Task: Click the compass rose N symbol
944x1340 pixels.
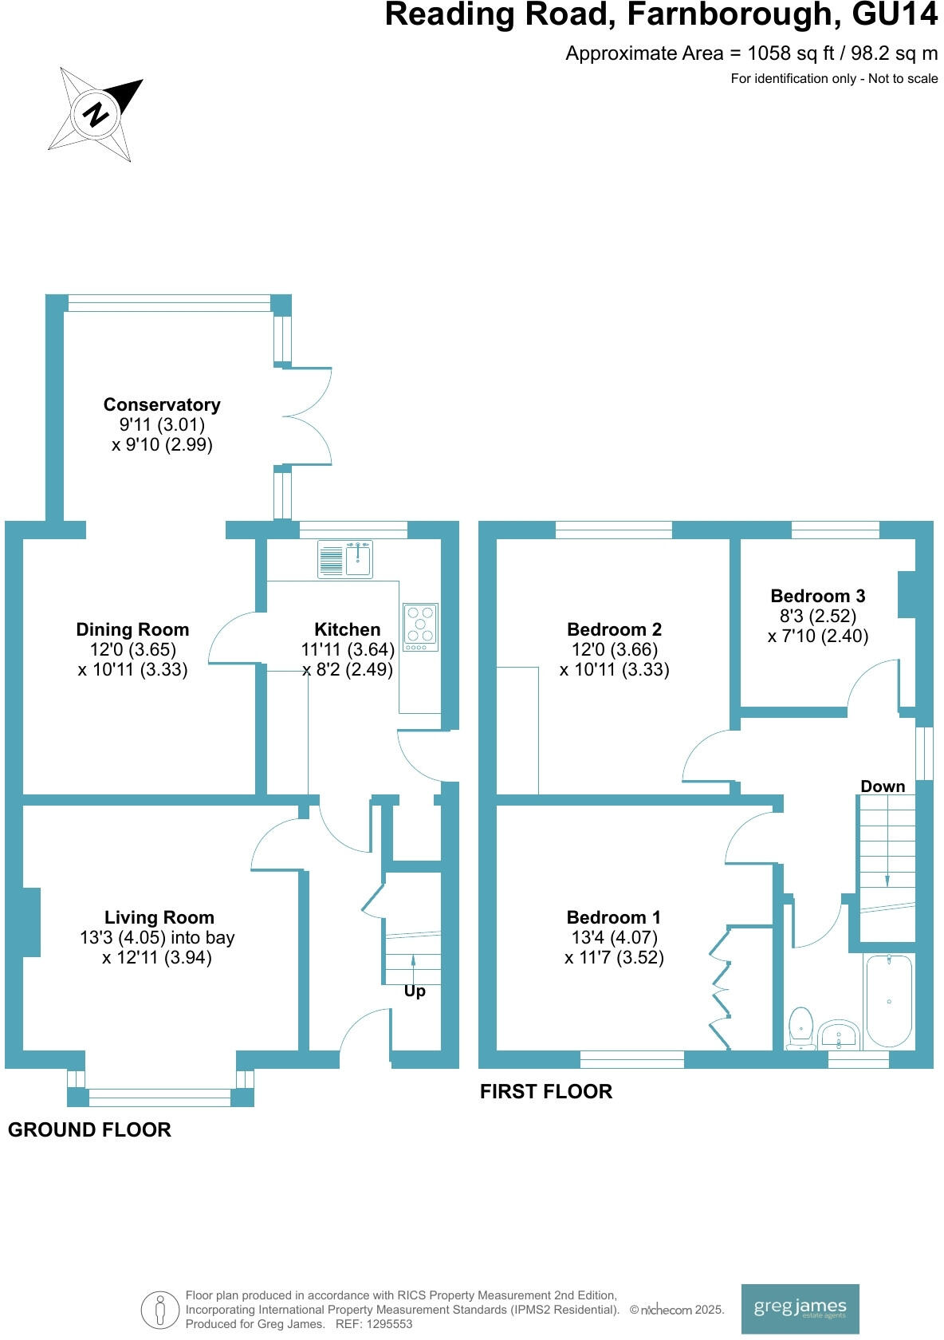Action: click(x=96, y=115)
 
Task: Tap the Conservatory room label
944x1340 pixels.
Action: click(x=162, y=404)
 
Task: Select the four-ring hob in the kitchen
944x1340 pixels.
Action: click(x=421, y=625)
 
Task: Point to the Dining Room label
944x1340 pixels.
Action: click(x=132, y=629)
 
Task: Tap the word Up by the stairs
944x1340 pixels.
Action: click(x=415, y=991)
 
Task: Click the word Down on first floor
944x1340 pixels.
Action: click(x=883, y=786)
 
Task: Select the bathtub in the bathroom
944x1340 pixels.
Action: click(x=889, y=1000)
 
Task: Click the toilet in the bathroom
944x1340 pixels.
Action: click(x=800, y=1027)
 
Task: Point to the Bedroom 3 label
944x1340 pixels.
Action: click(x=817, y=596)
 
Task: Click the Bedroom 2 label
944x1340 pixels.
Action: click(x=614, y=629)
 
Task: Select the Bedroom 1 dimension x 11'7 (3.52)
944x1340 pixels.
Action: click(x=614, y=958)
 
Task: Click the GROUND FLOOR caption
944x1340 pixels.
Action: click(x=89, y=1129)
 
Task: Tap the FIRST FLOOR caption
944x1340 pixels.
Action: click(x=546, y=1091)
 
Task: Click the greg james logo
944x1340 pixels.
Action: click(x=800, y=1309)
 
